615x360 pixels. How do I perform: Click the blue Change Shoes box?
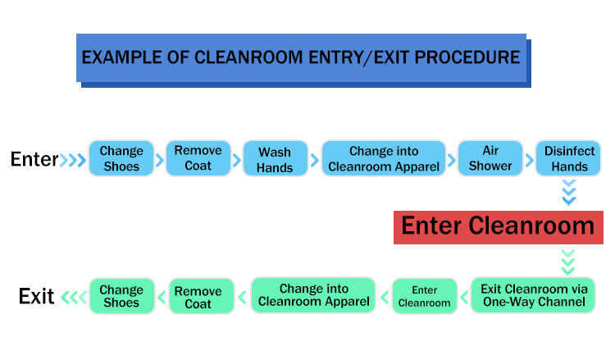[121, 158]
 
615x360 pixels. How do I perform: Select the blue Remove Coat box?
[198, 158]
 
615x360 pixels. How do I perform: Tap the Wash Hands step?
[275, 158]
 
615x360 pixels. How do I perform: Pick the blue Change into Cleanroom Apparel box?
[384, 158]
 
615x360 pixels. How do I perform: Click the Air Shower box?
[490, 158]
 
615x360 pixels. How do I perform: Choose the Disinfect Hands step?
[568, 158]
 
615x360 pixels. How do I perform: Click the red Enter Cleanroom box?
[499, 227]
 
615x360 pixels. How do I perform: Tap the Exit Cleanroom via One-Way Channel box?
[534, 295]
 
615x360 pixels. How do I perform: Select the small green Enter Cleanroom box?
[425, 296]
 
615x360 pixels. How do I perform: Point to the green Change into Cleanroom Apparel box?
[313, 295]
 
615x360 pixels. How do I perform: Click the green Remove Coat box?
[202, 296]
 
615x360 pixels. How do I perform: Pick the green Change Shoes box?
[122, 296]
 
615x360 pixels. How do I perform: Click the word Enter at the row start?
[34, 159]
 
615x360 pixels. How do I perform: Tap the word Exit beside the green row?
[36, 296]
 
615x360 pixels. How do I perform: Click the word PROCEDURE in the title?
[467, 57]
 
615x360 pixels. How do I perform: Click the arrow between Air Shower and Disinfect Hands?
[530, 160]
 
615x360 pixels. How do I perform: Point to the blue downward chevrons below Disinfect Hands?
[569, 193]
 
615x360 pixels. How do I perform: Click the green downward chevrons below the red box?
[568, 262]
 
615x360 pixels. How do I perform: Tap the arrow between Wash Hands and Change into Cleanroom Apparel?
[315, 160]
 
